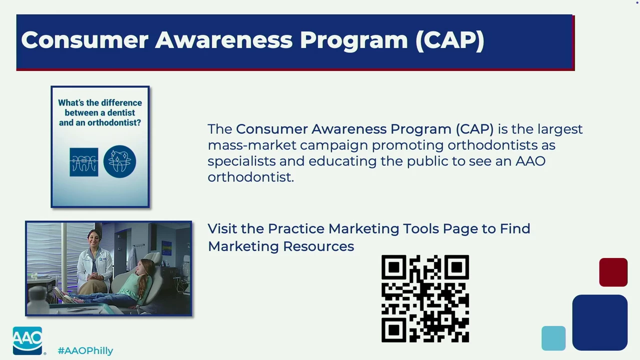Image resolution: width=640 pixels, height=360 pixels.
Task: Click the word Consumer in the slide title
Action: point(85,40)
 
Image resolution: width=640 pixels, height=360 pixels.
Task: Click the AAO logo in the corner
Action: point(27,340)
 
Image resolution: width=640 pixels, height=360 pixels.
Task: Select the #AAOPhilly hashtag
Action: point(85,351)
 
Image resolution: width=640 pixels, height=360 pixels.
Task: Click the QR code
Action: point(425,298)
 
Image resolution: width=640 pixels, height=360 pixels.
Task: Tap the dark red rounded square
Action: point(613,272)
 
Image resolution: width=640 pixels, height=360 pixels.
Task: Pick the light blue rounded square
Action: point(553,338)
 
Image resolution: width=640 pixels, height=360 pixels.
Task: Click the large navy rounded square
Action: point(599,322)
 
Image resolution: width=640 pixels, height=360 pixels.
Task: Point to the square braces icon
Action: point(83,162)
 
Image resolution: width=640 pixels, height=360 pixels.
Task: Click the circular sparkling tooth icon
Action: point(119,161)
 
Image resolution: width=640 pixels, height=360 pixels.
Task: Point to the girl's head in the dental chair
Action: point(145,267)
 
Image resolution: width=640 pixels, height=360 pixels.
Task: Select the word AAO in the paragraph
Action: point(530,161)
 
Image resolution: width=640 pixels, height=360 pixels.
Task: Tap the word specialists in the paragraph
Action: point(241,161)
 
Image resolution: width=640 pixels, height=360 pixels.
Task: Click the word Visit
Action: point(222,228)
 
